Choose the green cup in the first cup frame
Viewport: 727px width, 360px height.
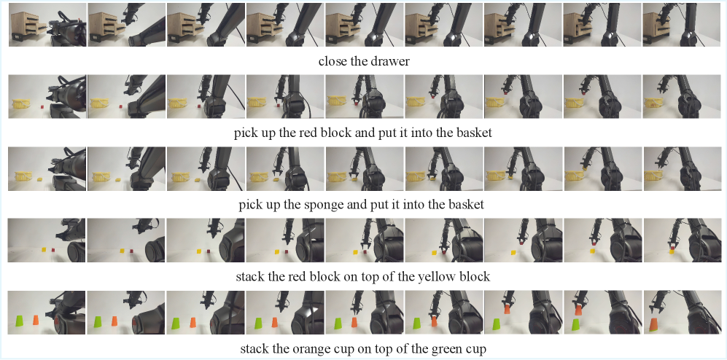[20, 321]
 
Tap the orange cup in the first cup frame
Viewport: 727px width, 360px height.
[36, 320]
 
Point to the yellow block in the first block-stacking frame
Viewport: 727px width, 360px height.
[44, 250]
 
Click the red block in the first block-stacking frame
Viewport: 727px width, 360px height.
[53, 250]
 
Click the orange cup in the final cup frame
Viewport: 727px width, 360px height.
[653, 324]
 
